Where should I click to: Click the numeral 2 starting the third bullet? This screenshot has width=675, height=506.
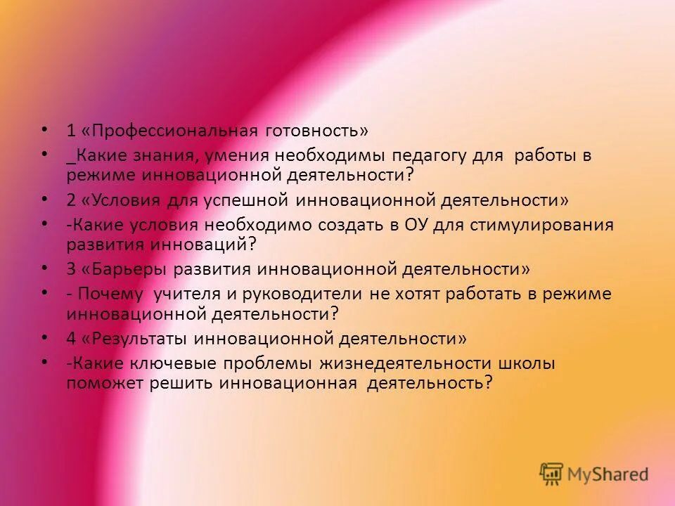click(x=71, y=200)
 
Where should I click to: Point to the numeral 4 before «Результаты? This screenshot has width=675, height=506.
click(x=71, y=339)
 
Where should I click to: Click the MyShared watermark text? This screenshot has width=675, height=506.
click(x=608, y=474)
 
